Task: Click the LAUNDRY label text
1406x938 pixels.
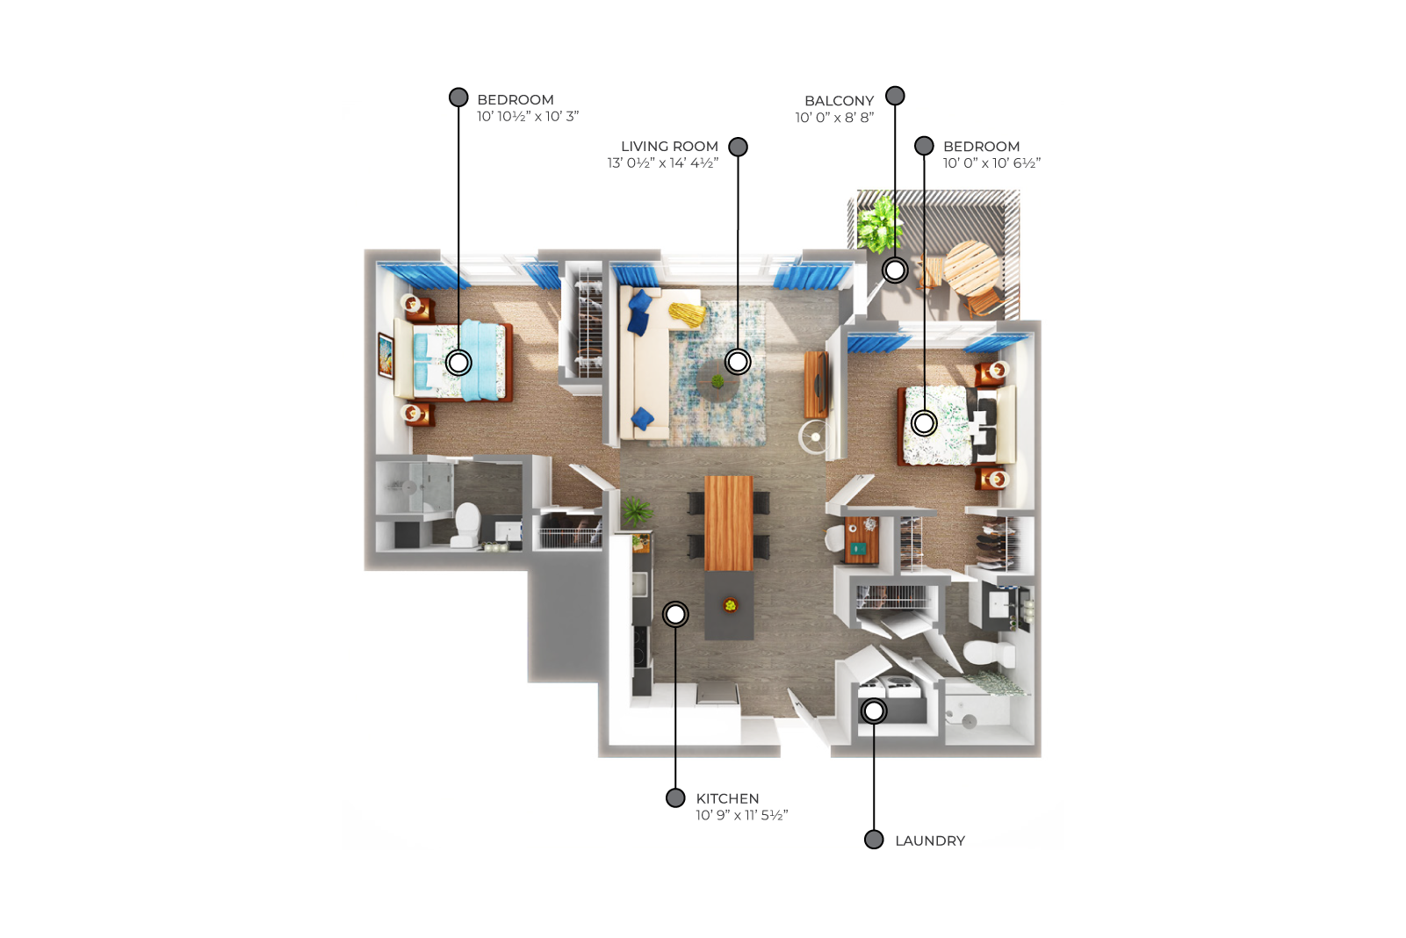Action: pyautogui.click(x=930, y=841)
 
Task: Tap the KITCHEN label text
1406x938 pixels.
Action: pyautogui.click(x=727, y=798)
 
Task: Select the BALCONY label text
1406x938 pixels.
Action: pyautogui.click(x=840, y=101)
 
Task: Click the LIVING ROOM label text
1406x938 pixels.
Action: pyautogui.click(x=670, y=147)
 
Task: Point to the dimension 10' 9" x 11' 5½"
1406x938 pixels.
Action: pyautogui.click(x=742, y=816)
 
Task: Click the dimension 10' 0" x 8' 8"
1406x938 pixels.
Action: pyautogui.click(x=835, y=118)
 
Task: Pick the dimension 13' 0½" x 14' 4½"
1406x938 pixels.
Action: pyautogui.click(x=663, y=163)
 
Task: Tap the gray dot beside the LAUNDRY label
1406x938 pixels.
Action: pyautogui.click(x=874, y=840)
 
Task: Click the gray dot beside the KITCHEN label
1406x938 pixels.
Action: pyautogui.click(x=675, y=798)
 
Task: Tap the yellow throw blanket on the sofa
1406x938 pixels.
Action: pyautogui.click(x=687, y=314)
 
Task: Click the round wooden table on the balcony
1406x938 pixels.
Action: pyautogui.click(x=971, y=268)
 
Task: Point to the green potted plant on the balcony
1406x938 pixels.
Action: pyautogui.click(x=880, y=224)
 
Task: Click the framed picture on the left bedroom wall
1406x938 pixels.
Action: pyautogui.click(x=386, y=356)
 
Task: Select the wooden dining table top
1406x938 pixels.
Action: pyautogui.click(x=729, y=523)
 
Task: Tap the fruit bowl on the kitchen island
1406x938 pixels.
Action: pyautogui.click(x=730, y=605)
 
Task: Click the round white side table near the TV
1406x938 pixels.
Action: pyautogui.click(x=815, y=437)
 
